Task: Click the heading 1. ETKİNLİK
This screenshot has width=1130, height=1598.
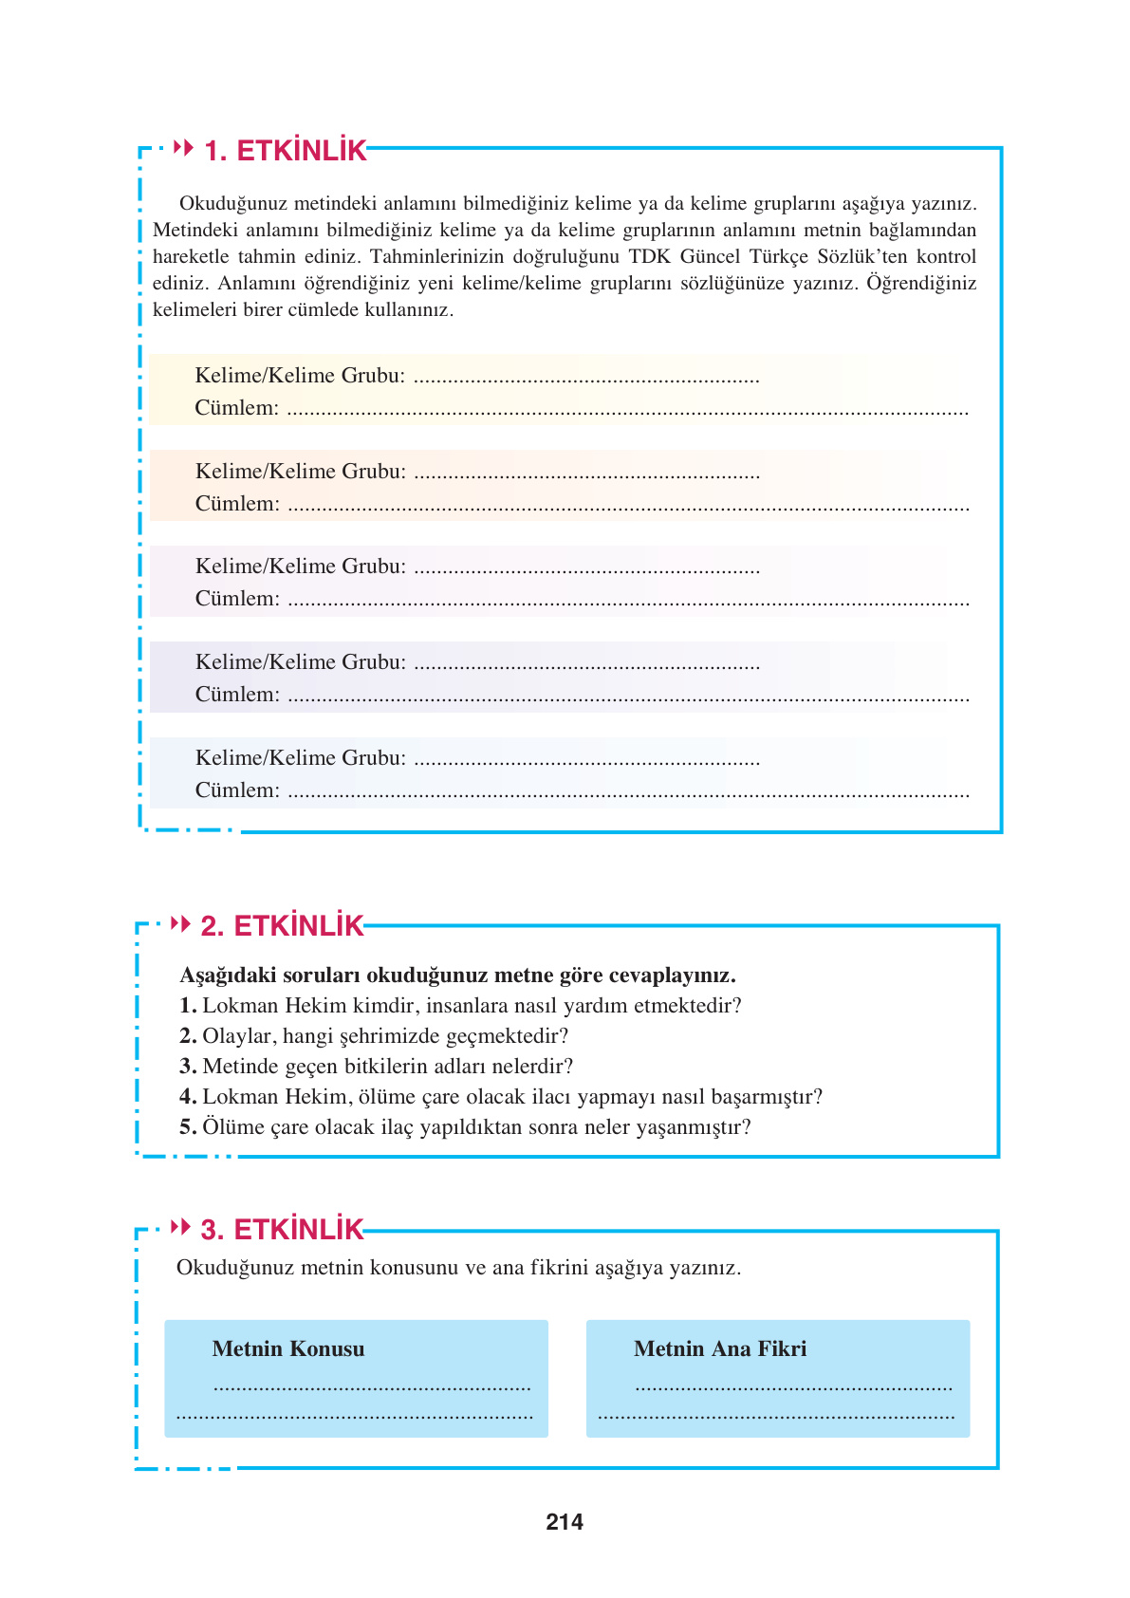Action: [x=286, y=151]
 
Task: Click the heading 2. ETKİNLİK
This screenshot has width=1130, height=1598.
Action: [x=282, y=926]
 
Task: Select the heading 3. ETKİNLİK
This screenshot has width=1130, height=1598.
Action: [x=282, y=1230]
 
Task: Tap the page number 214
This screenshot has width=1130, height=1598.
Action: [x=565, y=1522]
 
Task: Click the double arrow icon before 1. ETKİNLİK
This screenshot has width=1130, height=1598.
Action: [x=184, y=148]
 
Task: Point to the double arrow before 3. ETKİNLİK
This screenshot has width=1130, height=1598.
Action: [x=180, y=1227]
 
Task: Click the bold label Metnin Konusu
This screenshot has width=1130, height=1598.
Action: [x=288, y=1348]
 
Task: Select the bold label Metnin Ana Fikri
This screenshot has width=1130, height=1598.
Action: [x=720, y=1348]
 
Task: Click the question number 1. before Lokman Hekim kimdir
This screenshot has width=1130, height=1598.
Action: [x=188, y=1006]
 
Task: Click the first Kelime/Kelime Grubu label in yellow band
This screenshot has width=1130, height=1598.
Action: [x=300, y=376]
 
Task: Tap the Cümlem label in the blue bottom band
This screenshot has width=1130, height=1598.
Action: [x=237, y=790]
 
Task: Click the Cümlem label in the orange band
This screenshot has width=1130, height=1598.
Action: [x=237, y=504]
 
